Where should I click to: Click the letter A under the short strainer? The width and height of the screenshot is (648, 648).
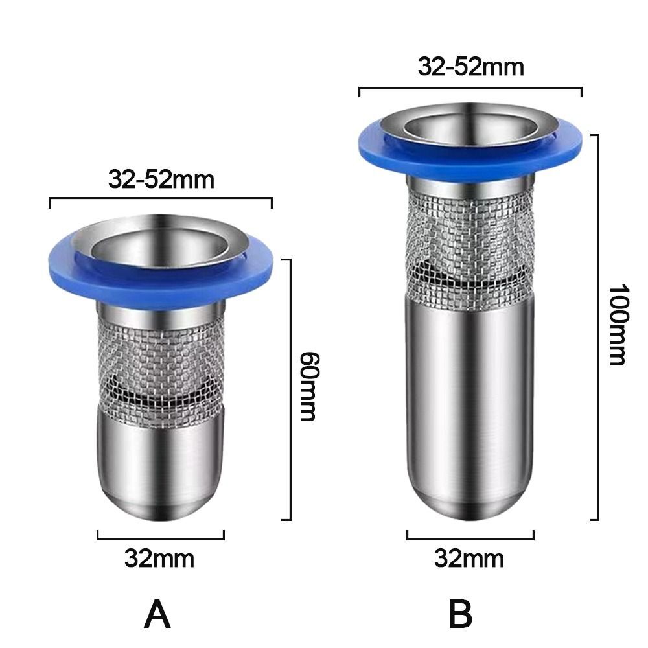[x=157, y=614]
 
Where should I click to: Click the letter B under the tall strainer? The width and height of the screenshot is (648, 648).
[x=460, y=614]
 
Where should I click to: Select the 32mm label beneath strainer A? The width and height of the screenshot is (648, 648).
[x=159, y=559]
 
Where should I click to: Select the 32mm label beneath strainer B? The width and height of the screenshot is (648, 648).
[x=469, y=559]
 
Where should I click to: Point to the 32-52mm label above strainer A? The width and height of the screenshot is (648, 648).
[x=161, y=179]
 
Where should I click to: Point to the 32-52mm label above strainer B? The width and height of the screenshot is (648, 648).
[x=470, y=67]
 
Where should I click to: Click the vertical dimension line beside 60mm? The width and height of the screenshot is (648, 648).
[x=289, y=389]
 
